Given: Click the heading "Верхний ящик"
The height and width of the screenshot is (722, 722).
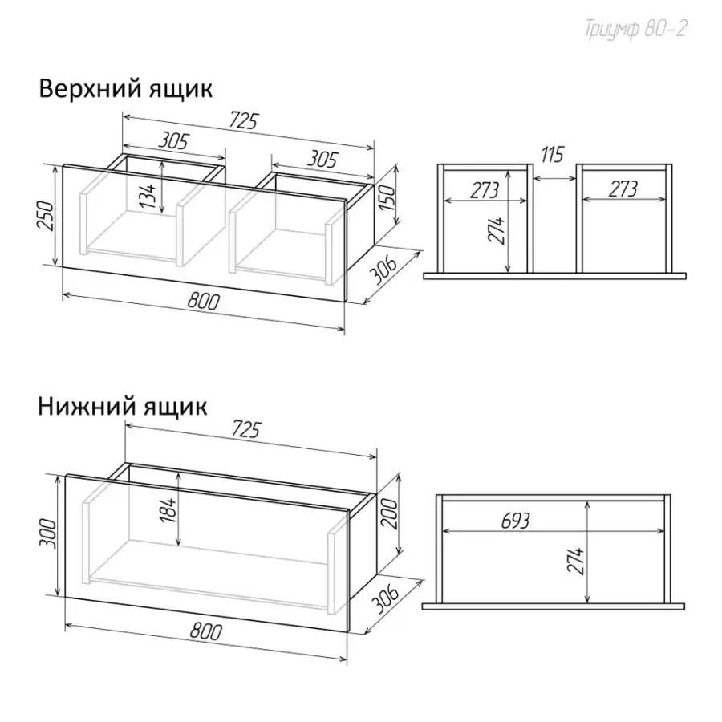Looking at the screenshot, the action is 125,88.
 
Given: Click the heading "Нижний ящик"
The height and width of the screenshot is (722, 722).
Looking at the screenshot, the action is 123,407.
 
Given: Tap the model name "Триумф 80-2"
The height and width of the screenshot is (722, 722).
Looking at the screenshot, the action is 636,30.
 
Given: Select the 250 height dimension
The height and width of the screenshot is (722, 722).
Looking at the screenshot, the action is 46,216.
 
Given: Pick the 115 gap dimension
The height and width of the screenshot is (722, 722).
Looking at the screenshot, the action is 552,155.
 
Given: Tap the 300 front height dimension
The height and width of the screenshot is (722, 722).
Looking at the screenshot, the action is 48,534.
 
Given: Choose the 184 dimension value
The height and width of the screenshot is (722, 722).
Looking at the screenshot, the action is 169,509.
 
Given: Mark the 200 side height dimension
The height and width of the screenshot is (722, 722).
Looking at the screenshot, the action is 390,514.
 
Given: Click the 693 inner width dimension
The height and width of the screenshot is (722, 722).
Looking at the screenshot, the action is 515,521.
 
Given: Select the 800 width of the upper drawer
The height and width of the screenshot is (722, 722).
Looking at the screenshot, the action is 204,301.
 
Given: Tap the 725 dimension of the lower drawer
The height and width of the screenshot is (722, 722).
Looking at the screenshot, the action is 245,429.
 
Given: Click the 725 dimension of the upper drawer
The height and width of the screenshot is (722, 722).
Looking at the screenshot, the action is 244,120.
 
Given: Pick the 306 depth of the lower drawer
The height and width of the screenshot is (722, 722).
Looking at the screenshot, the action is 384,598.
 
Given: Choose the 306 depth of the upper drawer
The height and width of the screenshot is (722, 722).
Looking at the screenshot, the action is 383,270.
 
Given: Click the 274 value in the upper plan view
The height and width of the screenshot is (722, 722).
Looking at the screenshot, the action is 497,231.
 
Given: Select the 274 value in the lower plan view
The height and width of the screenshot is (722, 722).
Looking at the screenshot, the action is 575,560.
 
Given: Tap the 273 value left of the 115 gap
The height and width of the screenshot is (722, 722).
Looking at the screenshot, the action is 485,189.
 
